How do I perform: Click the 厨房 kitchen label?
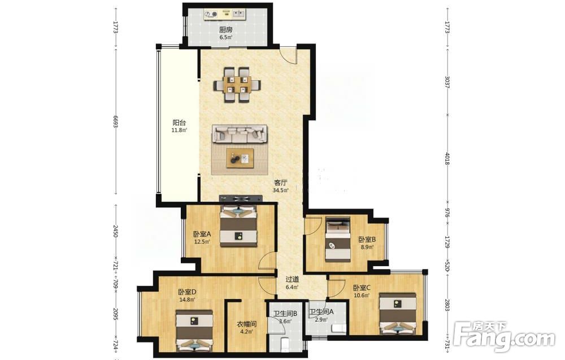[225, 30]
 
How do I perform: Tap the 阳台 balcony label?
[179, 123]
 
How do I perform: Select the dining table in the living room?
[237, 84]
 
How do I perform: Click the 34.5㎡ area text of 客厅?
[281, 190]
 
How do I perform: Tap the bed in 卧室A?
[238, 226]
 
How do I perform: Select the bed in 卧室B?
[338, 239]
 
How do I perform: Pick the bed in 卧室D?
[194, 329]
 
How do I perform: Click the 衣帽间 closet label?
[246, 324]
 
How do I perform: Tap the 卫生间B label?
[285, 314]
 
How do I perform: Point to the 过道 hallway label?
[292, 279]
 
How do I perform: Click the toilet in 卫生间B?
[285, 345]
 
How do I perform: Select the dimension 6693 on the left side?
[116, 122]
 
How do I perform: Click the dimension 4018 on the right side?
[447, 159]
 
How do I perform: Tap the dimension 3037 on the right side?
[447, 82]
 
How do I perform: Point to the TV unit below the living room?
[241, 198]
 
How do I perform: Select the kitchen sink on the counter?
[237, 15]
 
